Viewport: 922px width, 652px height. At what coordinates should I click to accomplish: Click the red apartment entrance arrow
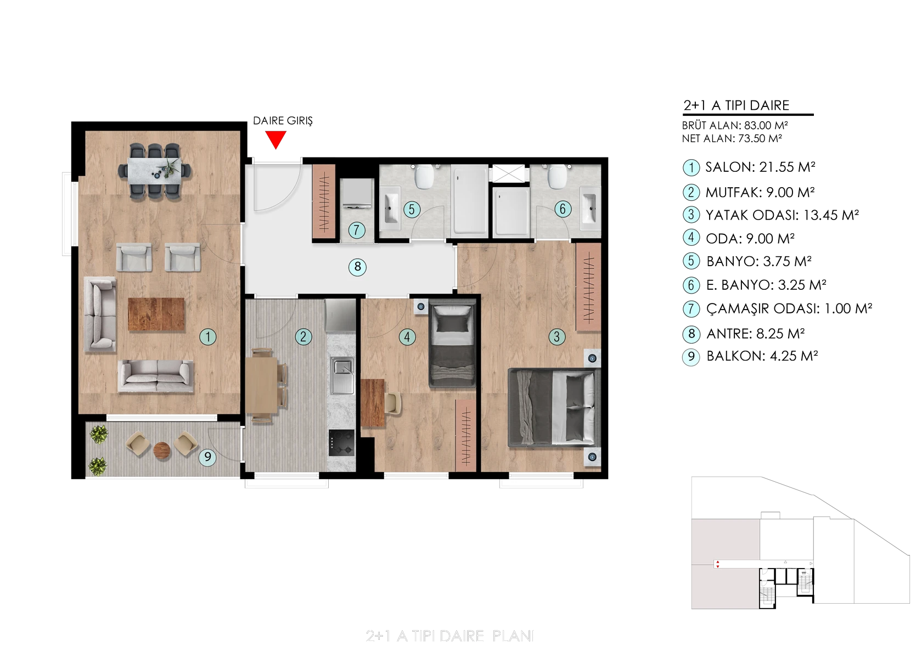276,139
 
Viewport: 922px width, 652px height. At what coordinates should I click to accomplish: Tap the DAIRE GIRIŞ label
283,121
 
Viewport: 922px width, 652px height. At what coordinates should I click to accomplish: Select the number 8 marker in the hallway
357,267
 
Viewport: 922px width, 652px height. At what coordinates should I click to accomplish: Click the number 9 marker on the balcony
207,457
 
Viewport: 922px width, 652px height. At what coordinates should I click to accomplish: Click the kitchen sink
342,376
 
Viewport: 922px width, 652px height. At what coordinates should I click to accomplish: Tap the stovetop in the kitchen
341,443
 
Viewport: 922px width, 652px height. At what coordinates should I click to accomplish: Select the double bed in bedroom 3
554,407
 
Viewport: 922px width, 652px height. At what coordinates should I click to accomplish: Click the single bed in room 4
452,344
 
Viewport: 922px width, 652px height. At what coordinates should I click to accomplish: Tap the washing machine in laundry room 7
357,194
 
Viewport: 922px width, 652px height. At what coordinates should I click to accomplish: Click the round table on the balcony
162,451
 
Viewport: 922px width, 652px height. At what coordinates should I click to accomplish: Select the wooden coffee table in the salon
156,314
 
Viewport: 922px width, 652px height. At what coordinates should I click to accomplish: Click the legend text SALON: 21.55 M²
760,167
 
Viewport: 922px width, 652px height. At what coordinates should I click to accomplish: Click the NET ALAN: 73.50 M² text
732,138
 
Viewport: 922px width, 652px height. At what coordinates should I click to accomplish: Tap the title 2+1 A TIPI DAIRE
737,105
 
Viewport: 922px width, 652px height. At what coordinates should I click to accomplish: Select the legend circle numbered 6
692,285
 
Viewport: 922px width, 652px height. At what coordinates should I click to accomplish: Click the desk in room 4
373,403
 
